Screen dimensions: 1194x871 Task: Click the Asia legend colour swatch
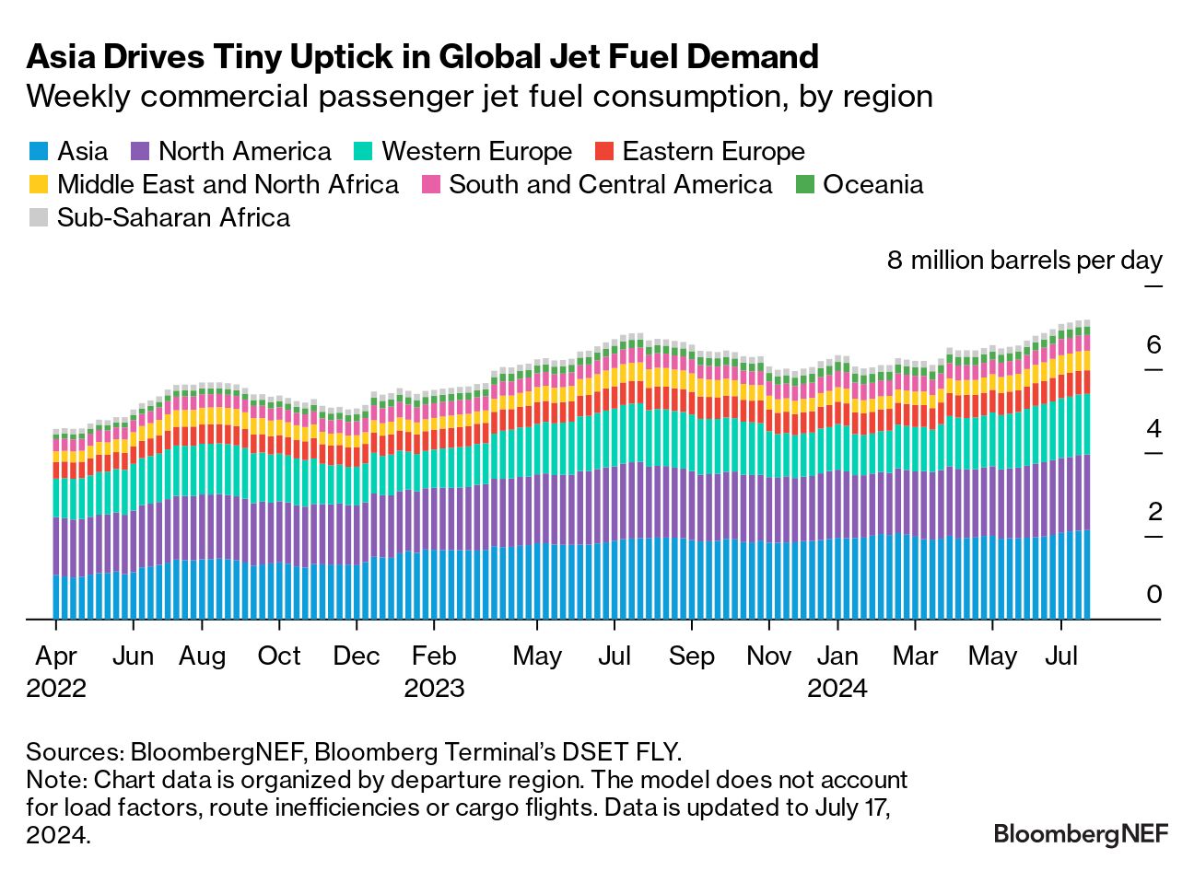click(39, 151)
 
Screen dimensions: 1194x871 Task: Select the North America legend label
click(245, 151)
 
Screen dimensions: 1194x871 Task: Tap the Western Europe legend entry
click(462, 151)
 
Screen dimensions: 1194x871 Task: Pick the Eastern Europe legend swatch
click(604, 151)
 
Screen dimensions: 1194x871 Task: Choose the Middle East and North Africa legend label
click(228, 184)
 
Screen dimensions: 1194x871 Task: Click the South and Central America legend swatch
click(430, 184)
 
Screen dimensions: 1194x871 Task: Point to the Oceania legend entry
click(860, 184)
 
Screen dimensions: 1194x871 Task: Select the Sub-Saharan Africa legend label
click(173, 217)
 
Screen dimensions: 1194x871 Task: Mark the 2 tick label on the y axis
click(1154, 511)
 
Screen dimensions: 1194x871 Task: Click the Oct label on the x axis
click(279, 656)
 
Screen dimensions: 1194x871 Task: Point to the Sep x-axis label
click(691, 656)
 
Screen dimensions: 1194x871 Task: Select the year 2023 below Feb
click(434, 689)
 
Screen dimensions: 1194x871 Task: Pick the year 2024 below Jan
click(837, 689)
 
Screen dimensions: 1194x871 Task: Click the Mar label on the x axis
click(915, 656)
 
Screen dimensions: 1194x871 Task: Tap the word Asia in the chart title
click(61, 56)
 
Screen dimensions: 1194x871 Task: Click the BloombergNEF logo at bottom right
click(1081, 833)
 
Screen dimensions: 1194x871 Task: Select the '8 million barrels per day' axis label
click(1024, 261)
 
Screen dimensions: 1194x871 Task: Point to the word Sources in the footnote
click(76, 752)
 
